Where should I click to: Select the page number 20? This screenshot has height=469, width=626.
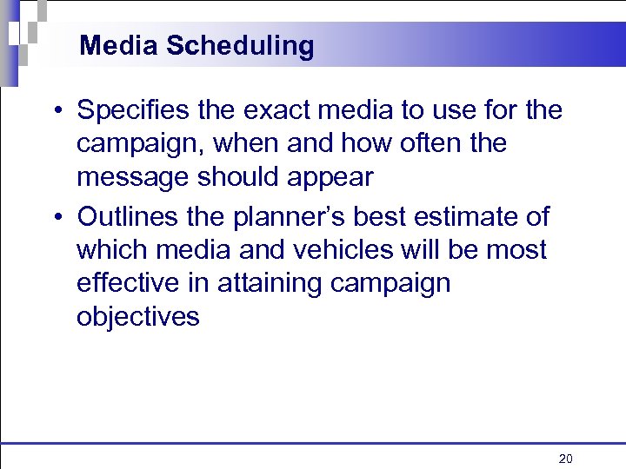tap(566, 458)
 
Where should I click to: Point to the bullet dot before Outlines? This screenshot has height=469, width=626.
tap(55, 217)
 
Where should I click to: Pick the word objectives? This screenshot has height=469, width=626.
tap(138, 317)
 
